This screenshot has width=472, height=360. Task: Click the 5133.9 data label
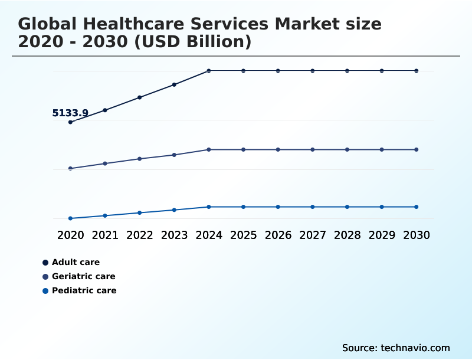pos(70,113)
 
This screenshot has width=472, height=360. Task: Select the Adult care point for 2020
pos(70,122)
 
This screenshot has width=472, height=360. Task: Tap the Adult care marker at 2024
pos(209,71)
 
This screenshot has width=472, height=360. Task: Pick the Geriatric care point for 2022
pos(140,159)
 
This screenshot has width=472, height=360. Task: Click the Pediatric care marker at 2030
pos(417,207)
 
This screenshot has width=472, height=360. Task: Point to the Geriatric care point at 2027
pos(313,149)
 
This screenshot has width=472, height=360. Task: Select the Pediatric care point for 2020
pos(70,218)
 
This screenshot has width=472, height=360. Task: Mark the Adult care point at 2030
pos(417,71)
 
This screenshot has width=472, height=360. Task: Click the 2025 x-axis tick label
pos(244,235)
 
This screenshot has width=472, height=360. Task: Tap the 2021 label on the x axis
pos(105,235)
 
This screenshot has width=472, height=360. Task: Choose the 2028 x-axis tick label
pos(348,235)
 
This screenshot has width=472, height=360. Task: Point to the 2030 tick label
pos(417,235)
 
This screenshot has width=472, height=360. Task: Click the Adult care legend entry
pos(76,262)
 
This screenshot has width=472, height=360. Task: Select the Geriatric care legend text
pos(83,276)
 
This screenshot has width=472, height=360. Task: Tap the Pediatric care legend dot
pos(45,290)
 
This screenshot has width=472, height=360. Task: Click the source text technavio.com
pos(416,348)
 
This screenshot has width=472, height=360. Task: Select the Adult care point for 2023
pos(174,84)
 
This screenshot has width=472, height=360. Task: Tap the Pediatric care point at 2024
pos(209,207)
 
